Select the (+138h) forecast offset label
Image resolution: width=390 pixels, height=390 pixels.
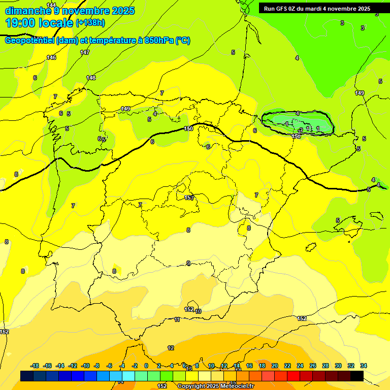[90, 23]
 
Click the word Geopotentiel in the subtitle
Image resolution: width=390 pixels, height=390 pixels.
[29, 41]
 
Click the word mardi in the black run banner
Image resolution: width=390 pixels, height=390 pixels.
[316, 9]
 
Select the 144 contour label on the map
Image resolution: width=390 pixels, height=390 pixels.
[51, 5]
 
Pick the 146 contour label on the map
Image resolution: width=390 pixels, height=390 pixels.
[51, 57]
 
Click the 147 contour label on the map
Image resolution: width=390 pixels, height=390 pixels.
[85, 52]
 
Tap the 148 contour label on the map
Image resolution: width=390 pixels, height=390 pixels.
[91, 78]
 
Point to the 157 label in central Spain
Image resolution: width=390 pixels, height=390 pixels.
[189, 198]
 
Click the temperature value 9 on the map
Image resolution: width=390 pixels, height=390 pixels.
[188, 263]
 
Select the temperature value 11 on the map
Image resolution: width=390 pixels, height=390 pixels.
[177, 319]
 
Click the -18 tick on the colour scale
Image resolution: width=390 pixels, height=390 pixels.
[35, 366]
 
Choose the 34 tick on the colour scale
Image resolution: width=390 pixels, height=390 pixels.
[364, 366]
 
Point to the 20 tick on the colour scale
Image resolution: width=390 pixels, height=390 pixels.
[275, 366]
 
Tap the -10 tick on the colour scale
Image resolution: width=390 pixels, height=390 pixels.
[85, 366]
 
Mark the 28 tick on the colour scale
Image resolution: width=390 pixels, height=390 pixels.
[326, 366]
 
